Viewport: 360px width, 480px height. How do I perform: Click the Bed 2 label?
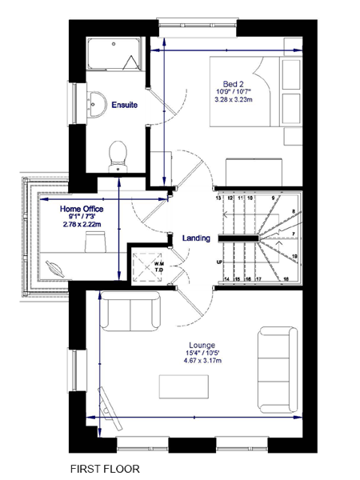tap(233, 83)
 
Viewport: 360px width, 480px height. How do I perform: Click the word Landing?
tap(196, 238)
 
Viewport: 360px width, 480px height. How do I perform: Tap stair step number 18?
tap(286, 279)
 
